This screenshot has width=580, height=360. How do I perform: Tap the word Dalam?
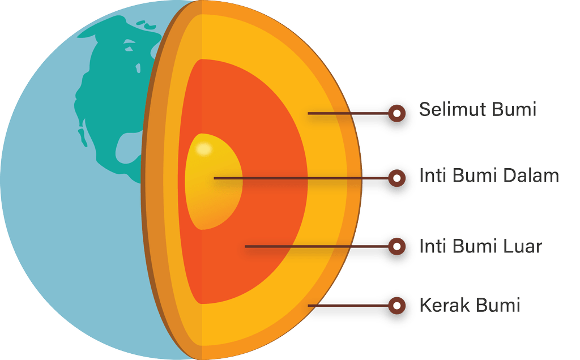coord(531,175)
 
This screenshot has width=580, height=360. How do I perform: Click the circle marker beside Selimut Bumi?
coord(397,113)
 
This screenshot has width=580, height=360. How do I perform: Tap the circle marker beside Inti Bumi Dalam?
coord(397,178)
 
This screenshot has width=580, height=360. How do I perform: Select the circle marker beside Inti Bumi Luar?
coord(397,246)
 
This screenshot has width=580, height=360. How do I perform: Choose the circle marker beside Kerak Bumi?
coord(397,306)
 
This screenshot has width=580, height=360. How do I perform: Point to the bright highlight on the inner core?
coord(204,149)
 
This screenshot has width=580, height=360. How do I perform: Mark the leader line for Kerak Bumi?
coord(348,306)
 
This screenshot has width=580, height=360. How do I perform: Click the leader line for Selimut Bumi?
coord(348,113)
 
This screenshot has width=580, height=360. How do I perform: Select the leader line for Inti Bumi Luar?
coord(317,246)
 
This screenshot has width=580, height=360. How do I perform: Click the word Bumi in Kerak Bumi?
coord(498,305)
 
